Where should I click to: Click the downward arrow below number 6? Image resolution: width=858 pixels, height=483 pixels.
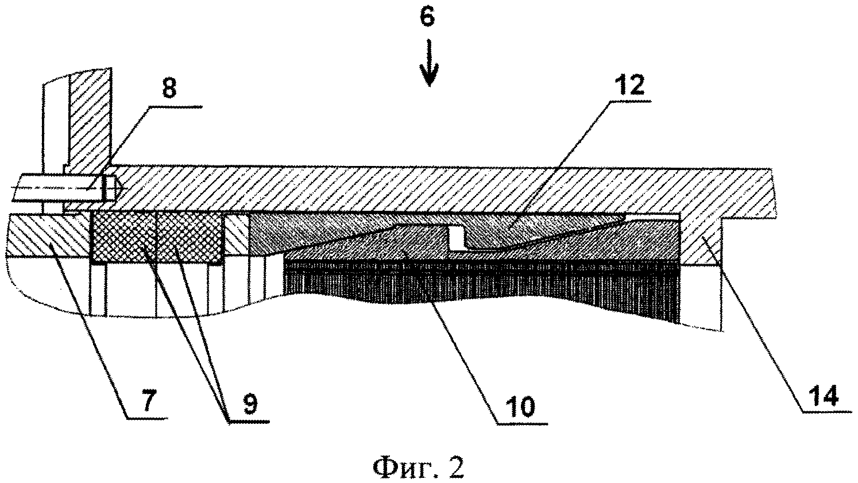click(428, 69)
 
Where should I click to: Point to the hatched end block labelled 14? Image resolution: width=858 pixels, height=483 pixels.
click(700, 241)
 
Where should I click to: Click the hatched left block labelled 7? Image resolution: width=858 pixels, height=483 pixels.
click(46, 235)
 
